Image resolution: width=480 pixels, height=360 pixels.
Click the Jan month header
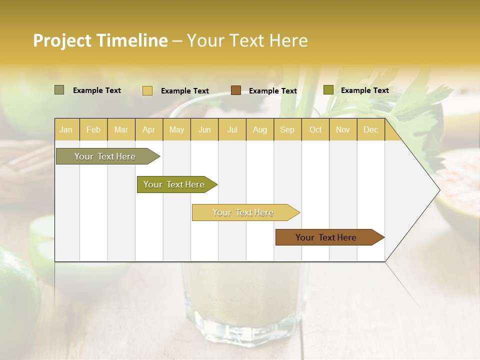tap(66, 129)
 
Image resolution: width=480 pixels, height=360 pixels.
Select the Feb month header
tap(93, 129)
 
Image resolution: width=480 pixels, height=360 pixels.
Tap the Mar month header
tap(121, 129)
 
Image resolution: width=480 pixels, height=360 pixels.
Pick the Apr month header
tap(149, 129)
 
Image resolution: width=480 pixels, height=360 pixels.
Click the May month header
tap(176, 129)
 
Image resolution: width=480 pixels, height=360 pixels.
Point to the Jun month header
tap(204, 129)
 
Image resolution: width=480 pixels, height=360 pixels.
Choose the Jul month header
tap(232, 129)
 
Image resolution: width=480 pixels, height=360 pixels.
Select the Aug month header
tap(260, 129)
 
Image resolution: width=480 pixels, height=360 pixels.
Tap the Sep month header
tap(287, 129)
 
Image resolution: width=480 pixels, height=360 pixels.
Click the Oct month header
tap(315, 129)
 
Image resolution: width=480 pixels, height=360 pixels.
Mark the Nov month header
tap(343, 129)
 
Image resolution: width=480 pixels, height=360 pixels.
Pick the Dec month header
tap(370, 129)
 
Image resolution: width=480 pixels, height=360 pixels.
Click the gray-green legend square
tap(59, 90)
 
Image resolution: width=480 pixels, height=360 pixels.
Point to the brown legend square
tap(236, 90)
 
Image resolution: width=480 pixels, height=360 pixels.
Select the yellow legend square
tap(147, 90)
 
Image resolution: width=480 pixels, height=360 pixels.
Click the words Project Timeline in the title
tap(100, 40)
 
